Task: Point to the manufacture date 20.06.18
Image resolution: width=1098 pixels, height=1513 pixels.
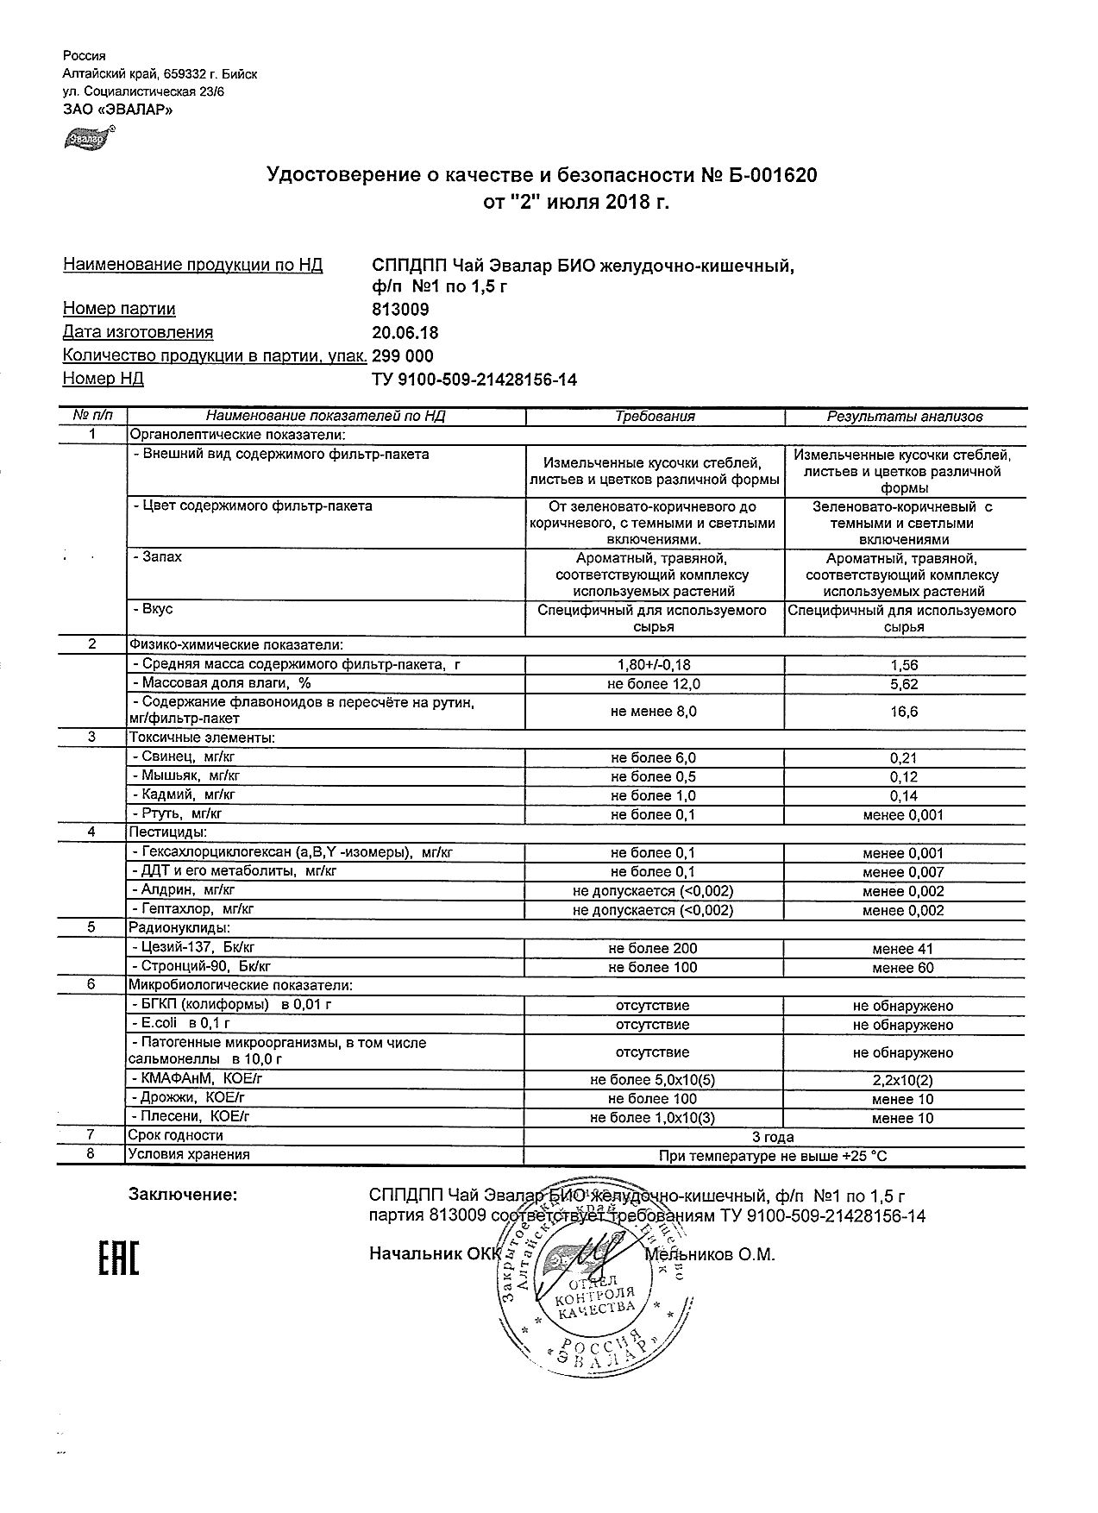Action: click(404, 333)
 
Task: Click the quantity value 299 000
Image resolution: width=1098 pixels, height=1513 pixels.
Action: click(401, 356)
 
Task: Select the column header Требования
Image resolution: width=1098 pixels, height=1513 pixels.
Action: click(655, 417)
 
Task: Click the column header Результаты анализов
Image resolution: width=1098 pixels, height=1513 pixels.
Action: click(904, 417)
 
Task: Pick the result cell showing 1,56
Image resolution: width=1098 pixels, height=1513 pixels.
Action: click(903, 665)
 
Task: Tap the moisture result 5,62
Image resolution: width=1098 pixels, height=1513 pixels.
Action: click(903, 684)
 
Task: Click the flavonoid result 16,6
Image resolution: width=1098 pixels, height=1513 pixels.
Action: click(903, 712)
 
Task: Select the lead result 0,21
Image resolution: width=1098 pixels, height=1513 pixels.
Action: click(903, 758)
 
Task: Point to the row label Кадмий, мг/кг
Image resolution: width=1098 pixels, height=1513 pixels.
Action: click(183, 794)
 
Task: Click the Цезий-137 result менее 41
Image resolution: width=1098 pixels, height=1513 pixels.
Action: click(903, 949)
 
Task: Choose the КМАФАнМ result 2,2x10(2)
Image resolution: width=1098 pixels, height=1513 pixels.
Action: click(903, 1080)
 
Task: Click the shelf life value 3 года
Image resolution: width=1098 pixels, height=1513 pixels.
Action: click(773, 1137)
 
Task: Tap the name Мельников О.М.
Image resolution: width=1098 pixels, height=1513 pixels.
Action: click(710, 1254)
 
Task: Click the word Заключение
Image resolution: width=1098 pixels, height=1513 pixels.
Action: click(183, 1195)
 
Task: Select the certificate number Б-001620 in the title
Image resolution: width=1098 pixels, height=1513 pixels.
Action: click(756, 176)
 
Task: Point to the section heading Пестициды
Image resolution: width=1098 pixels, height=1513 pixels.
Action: click(167, 832)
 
